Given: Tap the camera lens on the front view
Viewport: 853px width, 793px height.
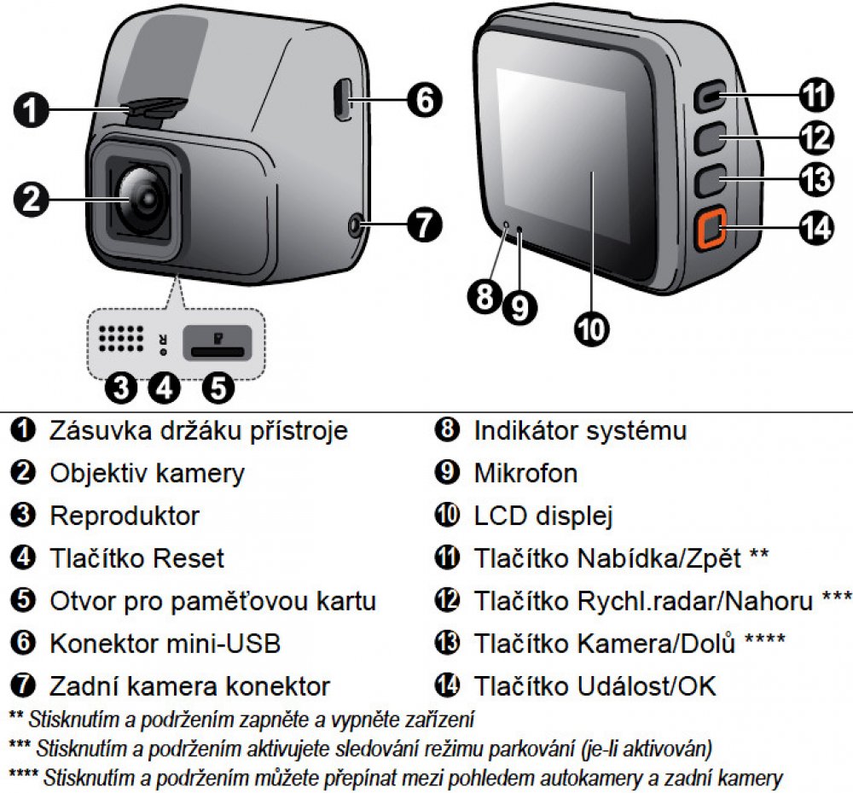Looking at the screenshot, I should (142, 197).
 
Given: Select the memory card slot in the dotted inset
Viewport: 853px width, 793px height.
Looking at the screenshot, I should (219, 342).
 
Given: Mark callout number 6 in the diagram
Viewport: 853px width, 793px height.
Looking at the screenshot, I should (424, 99).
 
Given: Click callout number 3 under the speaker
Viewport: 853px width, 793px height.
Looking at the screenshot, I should (121, 388).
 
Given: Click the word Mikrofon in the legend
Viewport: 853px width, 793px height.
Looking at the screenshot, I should (525, 473).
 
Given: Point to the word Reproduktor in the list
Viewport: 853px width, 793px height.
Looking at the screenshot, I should (125, 516).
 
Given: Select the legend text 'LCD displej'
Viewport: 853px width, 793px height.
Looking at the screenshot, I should (543, 516).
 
